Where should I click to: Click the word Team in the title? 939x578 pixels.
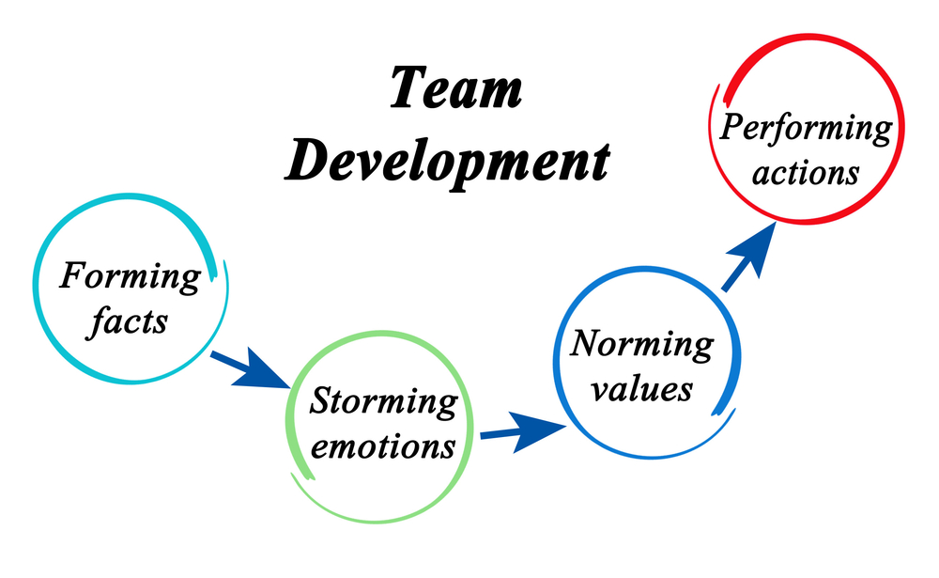pyautogui.click(x=456, y=87)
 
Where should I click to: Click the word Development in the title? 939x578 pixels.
pyautogui.click(x=447, y=161)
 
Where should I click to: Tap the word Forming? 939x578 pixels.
pyautogui.click(x=130, y=277)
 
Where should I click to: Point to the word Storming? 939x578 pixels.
pyautogui.click(x=383, y=401)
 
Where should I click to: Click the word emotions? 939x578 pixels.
pyautogui.click(x=383, y=446)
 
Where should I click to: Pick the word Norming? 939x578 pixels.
pyautogui.click(x=641, y=344)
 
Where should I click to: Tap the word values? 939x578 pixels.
pyautogui.click(x=641, y=389)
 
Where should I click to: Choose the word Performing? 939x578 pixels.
pyautogui.click(x=806, y=128)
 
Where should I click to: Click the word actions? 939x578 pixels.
pyautogui.click(x=806, y=173)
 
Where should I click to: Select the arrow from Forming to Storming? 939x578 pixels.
pyautogui.click(x=251, y=368)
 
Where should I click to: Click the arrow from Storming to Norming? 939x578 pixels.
pyautogui.click(x=523, y=430)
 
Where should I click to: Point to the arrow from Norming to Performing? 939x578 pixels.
pyautogui.click(x=748, y=257)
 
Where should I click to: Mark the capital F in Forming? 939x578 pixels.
pyautogui.click(x=74, y=275)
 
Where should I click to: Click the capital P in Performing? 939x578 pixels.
pyautogui.click(x=735, y=126)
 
